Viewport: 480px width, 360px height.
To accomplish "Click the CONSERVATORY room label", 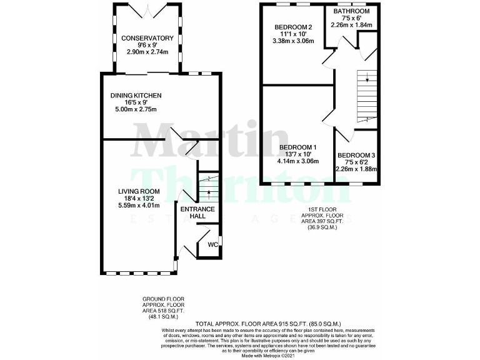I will click(147, 38).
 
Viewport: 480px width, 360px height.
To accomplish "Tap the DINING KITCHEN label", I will click(136, 96).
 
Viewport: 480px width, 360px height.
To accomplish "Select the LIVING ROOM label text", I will click(139, 192).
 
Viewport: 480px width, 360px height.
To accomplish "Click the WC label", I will click(212, 244).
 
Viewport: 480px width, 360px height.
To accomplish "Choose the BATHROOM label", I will click(351, 11).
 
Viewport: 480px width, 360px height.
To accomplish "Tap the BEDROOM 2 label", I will click(293, 27).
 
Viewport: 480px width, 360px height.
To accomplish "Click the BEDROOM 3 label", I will click(356, 155).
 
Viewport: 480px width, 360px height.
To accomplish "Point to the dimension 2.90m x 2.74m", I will click(147, 52).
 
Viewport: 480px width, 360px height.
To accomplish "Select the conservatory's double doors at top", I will click(147, 10).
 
